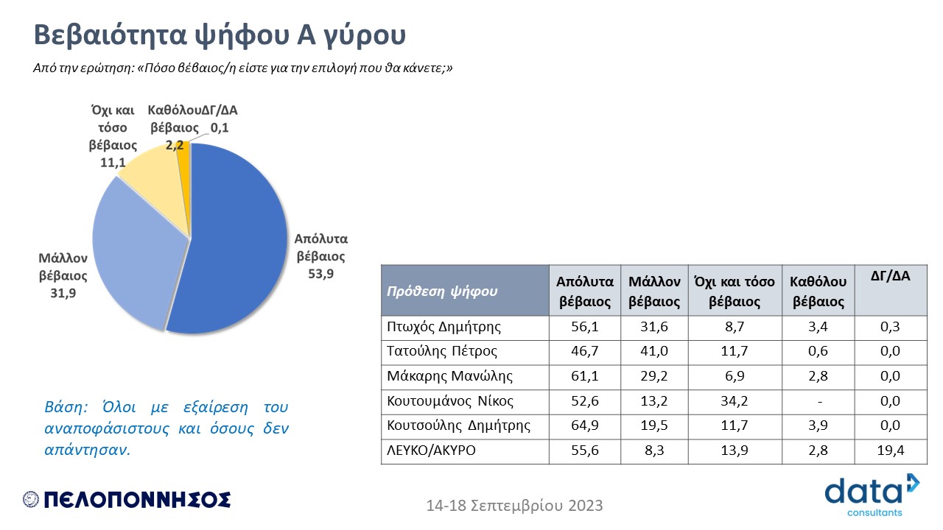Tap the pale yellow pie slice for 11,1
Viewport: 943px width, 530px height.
tap(158, 189)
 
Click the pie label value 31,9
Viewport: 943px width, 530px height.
tap(63, 293)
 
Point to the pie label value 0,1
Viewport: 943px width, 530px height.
tap(220, 127)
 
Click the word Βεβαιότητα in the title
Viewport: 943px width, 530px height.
tap(110, 35)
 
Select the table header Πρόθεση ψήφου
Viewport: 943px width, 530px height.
tap(442, 291)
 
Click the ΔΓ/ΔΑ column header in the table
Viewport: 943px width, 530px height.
tap(890, 276)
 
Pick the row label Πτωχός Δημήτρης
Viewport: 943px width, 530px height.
tap(444, 328)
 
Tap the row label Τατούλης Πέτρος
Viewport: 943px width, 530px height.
tap(442, 351)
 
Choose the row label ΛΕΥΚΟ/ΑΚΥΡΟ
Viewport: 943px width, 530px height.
tap(431, 451)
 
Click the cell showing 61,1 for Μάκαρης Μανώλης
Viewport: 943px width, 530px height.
tap(584, 376)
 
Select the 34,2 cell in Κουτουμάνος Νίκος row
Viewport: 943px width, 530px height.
tap(735, 401)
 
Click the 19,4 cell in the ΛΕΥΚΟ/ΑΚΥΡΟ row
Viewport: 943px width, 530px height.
tap(891, 451)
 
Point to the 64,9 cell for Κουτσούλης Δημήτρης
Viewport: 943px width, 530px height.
tap(584, 425)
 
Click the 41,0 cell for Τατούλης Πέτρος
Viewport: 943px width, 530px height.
tap(653, 351)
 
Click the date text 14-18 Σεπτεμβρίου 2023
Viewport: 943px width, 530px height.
tap(514, 505)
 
